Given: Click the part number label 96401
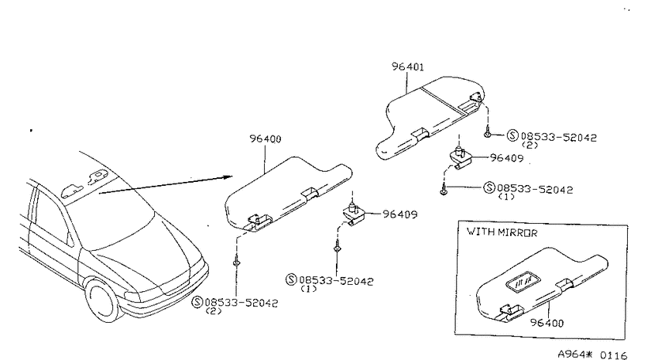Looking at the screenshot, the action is pyautogui.click(x=408, y=67).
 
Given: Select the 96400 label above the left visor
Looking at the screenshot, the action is pyautogui.click(x=266, y=139).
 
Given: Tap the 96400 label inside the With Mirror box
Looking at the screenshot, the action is pyautogui.click(x=547, y=323).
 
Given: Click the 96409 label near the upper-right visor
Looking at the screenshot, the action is pyautogui.click(x=507, y=158).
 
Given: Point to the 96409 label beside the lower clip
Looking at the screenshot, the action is pyautogui.click(x=400, y=214).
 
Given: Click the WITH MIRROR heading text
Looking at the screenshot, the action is pyautogui.click(x=502, y=232).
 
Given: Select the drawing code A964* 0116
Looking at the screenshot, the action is pyautogui.click(x=592, y=355).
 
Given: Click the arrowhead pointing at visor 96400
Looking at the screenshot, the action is pyautogui.click(x=227, y=177).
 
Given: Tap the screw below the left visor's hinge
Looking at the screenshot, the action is pyautogui.click(x=236, y=262).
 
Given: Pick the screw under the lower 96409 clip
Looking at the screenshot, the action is pyautogui.click(x=337, y=248).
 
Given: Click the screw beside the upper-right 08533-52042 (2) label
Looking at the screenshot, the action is pyautogui.click(x=487, y=132).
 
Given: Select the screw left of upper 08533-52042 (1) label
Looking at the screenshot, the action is pyautogui.click(x=444, y=190).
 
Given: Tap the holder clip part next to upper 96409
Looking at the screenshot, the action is pyautogui.click(x=461, y=157).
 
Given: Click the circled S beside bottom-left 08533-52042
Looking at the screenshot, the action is pyautogui.click(x=197, y=302).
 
